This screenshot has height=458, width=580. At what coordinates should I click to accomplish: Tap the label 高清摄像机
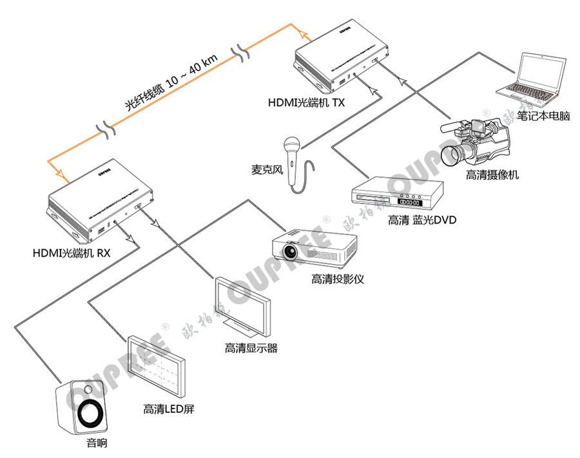point(492,175)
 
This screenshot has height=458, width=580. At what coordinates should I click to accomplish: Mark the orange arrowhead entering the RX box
point(61,174)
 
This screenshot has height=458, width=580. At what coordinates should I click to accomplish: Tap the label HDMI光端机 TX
point(307,102)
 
